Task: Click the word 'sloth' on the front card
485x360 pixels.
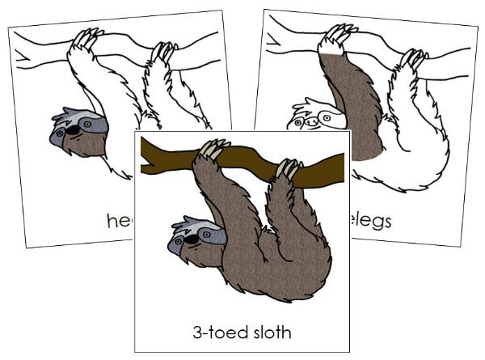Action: [x=272, y=331]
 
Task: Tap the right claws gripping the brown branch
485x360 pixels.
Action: [x=285, y=168]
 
